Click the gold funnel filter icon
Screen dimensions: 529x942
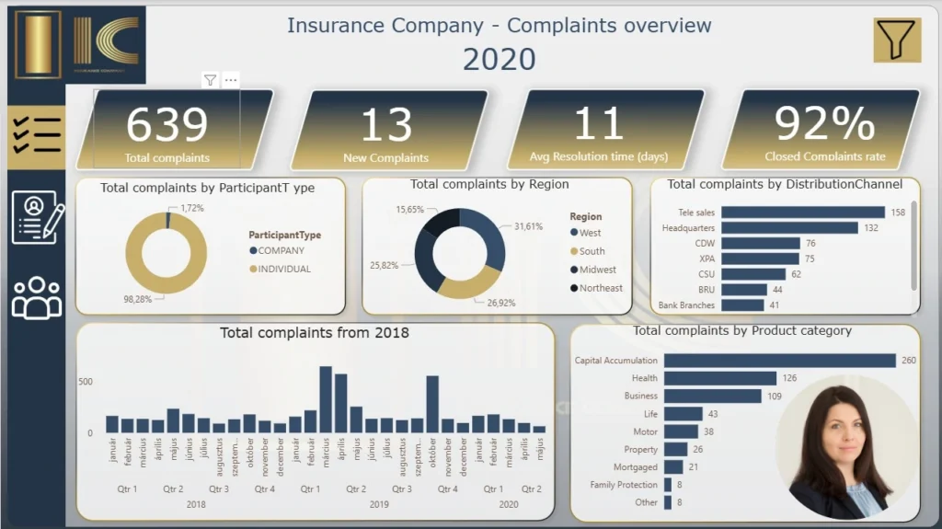896,40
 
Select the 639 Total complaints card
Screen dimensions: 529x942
167,129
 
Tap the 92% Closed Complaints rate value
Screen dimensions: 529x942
824,124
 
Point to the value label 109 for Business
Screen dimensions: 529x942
775,396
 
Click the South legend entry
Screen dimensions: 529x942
592,251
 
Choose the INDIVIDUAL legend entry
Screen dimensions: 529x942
284,270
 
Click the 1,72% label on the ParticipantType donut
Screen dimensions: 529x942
192,209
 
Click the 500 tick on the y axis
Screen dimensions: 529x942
85,382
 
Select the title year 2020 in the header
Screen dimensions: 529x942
499,59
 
